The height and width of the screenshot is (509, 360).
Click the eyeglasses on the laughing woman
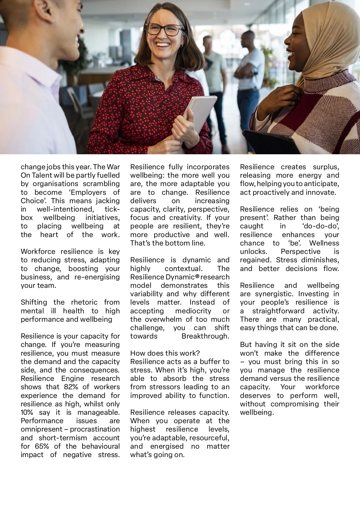point(164,29)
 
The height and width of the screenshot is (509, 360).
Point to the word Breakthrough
point(205,336)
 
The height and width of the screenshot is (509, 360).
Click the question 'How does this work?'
point(165,353)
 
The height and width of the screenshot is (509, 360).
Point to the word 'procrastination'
point(95,429)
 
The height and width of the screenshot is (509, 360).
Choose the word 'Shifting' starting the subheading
point(34,302)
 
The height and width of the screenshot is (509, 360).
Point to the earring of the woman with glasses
point(181,46)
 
